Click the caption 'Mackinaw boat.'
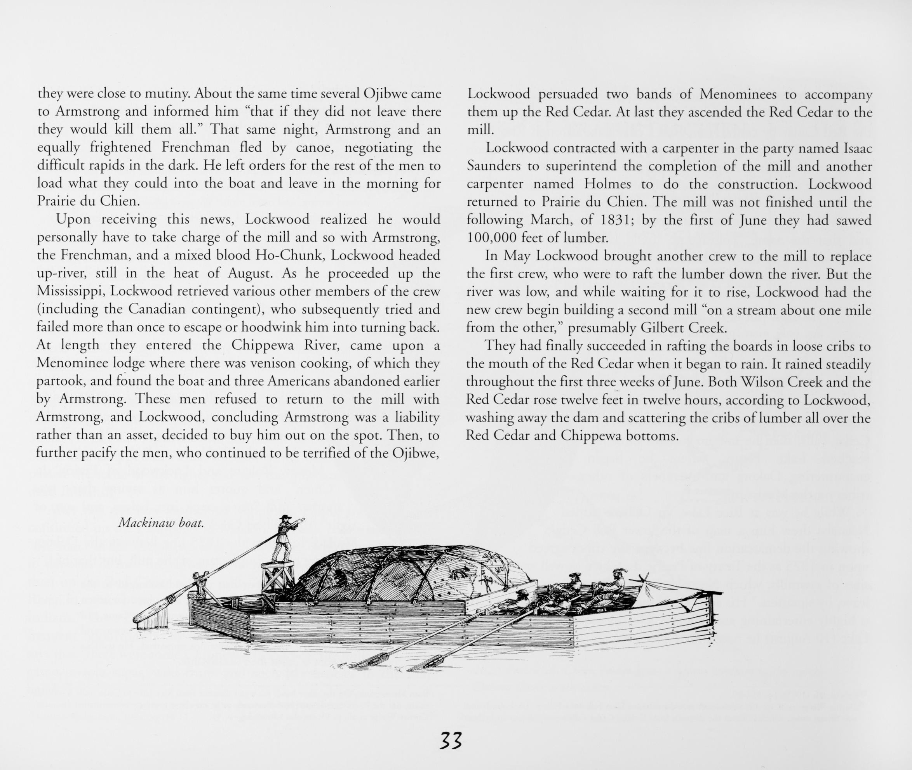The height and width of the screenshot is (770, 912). click(161, 524)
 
